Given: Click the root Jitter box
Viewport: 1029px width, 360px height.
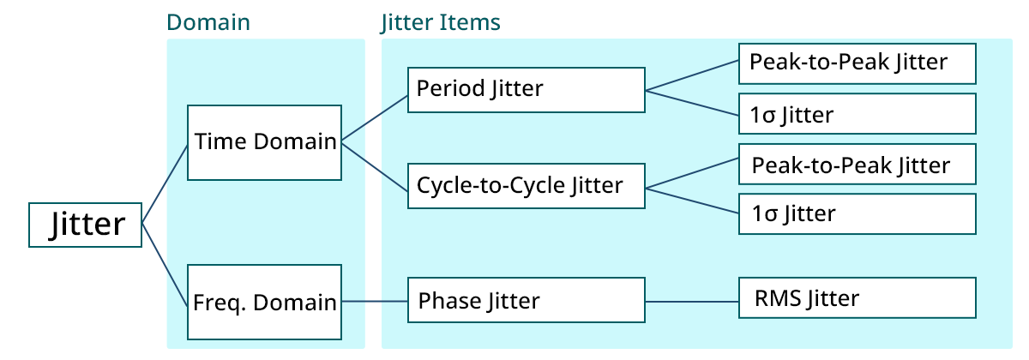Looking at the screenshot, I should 85,225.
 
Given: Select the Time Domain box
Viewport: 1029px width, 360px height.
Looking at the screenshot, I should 264,142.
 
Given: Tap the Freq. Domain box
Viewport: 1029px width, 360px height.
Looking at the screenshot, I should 264,302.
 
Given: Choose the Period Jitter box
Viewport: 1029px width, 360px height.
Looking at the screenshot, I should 526,89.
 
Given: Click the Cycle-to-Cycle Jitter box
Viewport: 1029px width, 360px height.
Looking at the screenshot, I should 526,185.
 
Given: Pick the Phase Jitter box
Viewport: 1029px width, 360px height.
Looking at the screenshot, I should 526,301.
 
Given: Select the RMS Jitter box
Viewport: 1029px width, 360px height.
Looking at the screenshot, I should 857,298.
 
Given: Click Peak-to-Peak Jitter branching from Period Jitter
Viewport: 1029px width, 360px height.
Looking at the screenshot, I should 857,63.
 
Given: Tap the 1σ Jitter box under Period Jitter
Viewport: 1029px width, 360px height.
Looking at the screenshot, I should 857,114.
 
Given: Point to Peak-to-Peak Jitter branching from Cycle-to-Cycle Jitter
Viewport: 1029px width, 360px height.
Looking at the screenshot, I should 857,165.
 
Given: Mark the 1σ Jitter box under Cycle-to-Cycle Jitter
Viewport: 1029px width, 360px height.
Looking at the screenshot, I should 857,213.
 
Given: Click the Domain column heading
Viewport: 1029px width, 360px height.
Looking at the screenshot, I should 208,22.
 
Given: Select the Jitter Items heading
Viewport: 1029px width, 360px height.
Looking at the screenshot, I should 440,22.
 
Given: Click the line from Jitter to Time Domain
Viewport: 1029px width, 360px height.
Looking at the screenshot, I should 165,183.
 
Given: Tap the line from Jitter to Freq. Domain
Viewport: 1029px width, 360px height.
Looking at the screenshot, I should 165,266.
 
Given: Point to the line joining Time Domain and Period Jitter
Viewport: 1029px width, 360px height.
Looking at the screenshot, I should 375,117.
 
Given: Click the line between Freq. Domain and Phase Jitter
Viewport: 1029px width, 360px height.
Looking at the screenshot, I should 375,301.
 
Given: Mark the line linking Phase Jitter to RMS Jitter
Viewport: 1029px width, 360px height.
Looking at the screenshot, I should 691,301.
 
